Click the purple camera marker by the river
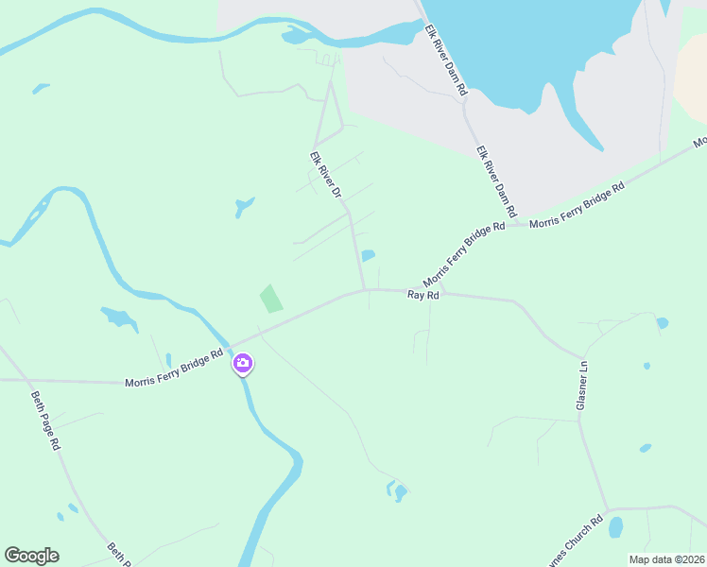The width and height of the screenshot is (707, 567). pyautogui.click(x=243, y=363)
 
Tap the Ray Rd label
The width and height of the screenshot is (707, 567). pyautogui.click(x=423, y=296)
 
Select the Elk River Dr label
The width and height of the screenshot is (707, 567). pyautogui.click(x=325, y=176)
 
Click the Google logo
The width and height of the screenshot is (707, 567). pyautogui.click(x=31, y=556)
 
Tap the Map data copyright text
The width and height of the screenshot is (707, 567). pyautogui.click(x=665, y=558)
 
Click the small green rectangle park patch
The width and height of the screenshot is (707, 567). pyautogui.click(x=270, y=299)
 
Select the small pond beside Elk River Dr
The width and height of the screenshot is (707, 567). pyautogui.click(x=368, y=255)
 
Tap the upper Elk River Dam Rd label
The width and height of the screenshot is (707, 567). pyautogui.click(x=445, y=60)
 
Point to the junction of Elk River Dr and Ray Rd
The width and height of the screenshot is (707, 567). pyautogui.click(x=366, y=290)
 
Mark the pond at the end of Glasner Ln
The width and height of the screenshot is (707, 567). pyautogui.click(x=616, y=526)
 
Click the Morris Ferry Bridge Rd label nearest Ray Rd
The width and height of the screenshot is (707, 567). pyautogui.click(x=464, y=256)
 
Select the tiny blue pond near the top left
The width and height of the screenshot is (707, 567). pyautogui.click(x=41, y=88)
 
